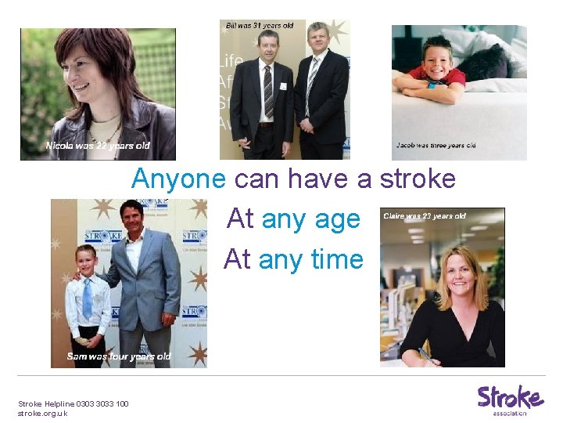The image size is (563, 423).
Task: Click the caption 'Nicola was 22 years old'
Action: pos(98,146)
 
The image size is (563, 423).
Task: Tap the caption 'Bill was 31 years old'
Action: pos(260,26)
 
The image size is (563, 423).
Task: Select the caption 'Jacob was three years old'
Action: pos(436,146)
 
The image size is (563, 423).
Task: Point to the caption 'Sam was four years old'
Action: pos(119,356)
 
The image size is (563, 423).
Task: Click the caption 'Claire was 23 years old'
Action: pos(425,216)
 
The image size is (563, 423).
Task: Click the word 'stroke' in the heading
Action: pos(418,179)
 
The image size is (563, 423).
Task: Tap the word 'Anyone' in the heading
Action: pos(180,179)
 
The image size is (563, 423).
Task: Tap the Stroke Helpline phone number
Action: pos(102,404)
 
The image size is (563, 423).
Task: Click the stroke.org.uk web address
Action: pos(42,413)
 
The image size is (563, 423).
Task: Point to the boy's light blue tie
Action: pos(87,298)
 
